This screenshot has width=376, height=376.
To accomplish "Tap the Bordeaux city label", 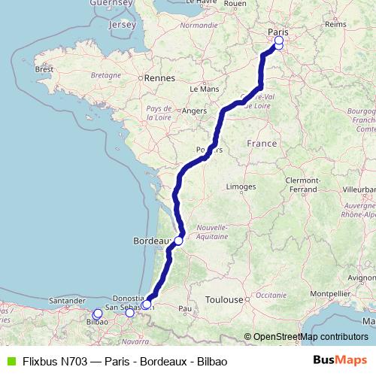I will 149,241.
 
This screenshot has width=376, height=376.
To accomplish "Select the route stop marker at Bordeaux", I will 179,241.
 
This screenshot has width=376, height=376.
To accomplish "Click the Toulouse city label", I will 226,299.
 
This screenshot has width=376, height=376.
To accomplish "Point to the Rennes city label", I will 160,77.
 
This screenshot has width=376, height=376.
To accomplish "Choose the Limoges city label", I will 241,186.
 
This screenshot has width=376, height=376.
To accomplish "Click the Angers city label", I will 194,111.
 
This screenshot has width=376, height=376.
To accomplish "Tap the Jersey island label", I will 122,25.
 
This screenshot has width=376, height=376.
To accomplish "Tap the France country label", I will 262,143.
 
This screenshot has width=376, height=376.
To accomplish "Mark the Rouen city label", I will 235,4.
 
